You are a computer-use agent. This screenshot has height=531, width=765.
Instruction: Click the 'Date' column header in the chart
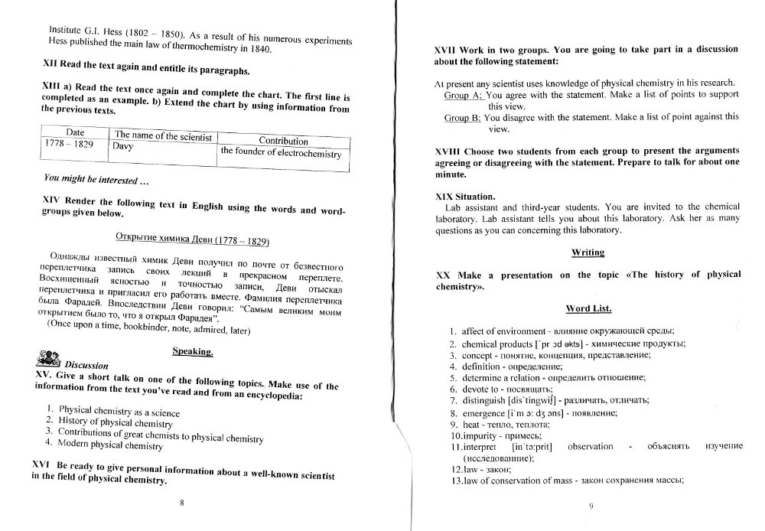pos(75,132)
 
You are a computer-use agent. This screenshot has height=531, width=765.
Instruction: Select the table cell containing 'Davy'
pos(122,145)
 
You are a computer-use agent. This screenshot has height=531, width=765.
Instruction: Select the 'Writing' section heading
pos(588,252)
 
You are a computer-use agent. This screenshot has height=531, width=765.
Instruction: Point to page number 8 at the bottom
pos(181,502)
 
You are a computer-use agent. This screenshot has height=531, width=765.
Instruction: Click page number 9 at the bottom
pos(591,506)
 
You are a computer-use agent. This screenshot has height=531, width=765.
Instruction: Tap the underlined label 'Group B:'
pos(462,118)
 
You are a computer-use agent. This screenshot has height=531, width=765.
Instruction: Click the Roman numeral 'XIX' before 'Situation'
pos(444,196)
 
